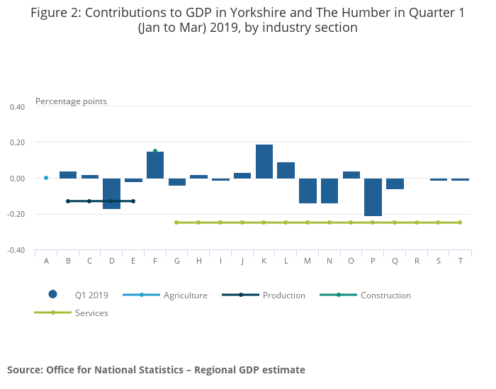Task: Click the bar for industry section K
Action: pos(264,162)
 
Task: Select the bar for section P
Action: pos(373,197)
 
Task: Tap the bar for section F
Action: pos(155,165)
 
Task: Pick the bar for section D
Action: pos(111,193)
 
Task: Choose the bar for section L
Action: pos(286,170)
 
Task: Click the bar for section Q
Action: pos(395,184)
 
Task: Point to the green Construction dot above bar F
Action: pos(155,151)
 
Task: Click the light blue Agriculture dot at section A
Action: pos(46,178)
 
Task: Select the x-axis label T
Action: pos(461,261)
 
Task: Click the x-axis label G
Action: pos(177,261)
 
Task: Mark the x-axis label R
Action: pos(417,261)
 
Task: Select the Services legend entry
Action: pos(91,312)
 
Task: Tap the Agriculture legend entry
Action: pos(185,295)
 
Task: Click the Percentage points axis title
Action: pos(71,101)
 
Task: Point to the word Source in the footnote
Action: pos(24,370)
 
